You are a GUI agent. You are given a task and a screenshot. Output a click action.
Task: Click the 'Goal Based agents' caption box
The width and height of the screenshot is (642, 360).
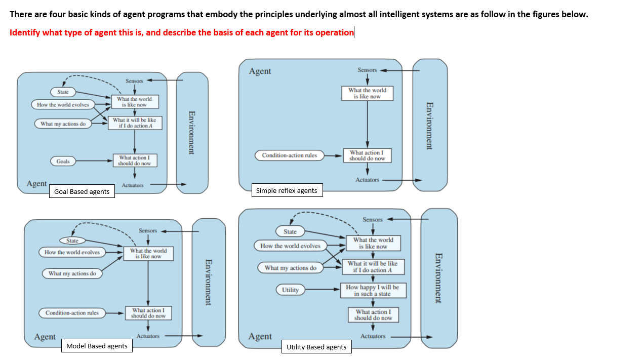[x=82, y=191]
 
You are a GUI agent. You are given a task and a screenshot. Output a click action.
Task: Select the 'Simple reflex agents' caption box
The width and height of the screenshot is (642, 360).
[x=287, y=190]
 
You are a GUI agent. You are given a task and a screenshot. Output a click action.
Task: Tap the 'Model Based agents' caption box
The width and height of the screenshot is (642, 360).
[x=97, y=346]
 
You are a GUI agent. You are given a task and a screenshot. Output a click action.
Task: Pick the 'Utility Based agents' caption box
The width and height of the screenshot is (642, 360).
[x=316, y=347]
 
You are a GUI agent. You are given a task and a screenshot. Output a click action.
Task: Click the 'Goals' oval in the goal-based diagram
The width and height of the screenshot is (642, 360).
[x=63, y=161]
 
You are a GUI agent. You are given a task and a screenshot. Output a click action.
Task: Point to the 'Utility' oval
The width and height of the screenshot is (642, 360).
[x=290, y=290]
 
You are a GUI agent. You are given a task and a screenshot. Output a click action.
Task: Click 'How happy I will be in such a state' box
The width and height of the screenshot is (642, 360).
[x=372, y=290]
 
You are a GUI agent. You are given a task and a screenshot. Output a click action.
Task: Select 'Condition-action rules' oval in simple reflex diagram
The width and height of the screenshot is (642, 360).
[x=289, y=155]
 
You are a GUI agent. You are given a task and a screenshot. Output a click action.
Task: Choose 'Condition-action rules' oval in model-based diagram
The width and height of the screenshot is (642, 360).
[x=72, y=313]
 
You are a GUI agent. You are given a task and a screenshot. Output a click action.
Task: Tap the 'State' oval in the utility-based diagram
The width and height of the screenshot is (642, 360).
[x=290, y=231]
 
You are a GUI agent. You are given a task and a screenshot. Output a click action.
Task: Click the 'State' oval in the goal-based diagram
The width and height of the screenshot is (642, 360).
[x=63, y=92]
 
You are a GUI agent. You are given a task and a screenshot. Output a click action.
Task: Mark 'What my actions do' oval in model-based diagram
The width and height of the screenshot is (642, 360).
[x=72, y=273]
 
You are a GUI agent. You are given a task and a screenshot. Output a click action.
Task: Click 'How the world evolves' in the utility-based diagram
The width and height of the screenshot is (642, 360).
[x=290, y=246]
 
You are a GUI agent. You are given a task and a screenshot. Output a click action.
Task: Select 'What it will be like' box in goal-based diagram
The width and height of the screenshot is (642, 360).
[x=135, y=123]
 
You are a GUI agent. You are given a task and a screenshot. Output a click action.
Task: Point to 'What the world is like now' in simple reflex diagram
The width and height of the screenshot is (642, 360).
[x=367, y=93]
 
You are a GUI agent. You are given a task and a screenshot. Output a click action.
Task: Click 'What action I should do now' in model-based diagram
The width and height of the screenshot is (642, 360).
[x=148, y=313]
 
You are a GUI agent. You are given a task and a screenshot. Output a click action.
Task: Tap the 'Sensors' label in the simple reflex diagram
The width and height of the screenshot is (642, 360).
[x=367, y=70]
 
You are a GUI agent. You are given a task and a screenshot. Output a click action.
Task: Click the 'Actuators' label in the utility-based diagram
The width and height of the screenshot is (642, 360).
[x=373, y=336]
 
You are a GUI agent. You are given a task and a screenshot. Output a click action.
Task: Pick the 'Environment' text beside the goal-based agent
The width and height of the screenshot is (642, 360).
[x=192, y=132]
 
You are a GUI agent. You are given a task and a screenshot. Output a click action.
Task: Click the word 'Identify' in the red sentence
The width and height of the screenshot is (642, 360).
[x=25, y=32]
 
